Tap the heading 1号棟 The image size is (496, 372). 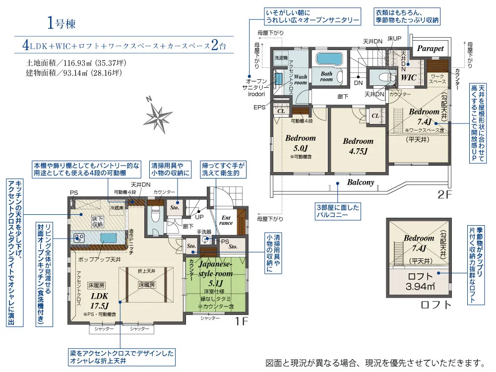62,23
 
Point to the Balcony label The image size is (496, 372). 360,183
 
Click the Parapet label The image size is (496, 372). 430,49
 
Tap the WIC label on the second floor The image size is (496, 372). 408,78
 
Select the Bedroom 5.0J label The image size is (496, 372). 300,143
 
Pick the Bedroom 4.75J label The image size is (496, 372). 358,146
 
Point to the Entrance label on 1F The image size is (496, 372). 226,220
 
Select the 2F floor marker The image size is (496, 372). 445,194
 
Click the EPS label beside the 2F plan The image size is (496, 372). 259,107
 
